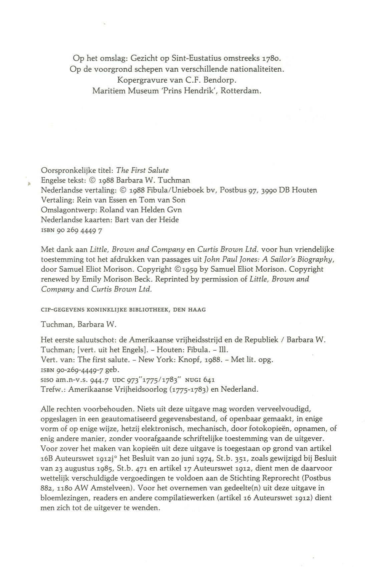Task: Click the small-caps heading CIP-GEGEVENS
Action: pyautogui.click(x=63, y=310)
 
